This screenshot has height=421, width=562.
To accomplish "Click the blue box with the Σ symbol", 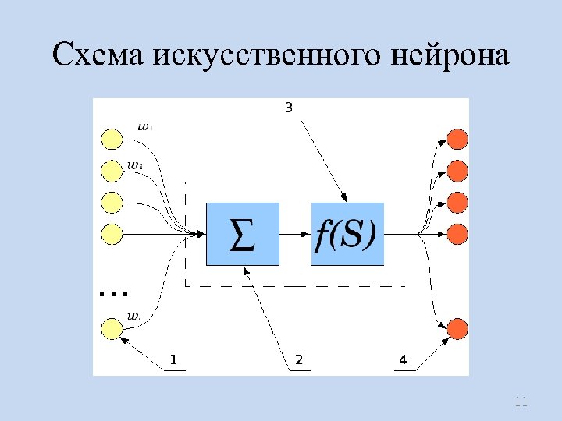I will (243, 234).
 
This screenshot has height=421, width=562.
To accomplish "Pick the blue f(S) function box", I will (347, 234).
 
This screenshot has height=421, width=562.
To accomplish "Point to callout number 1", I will (173, 359).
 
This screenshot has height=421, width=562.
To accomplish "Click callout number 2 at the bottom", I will (298, 359).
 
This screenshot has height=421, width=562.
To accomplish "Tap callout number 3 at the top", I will (288, 108).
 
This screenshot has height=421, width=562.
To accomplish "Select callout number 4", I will (403, 359).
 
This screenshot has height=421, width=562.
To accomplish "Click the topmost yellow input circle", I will (112, 140).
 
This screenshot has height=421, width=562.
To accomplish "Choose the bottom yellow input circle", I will (112, 329).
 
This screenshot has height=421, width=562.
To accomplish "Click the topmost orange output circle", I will (457, 140).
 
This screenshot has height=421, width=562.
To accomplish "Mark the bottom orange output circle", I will (457, 327).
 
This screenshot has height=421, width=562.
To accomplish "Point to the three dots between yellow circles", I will (114, 294).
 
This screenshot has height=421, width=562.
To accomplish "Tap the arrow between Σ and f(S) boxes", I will (295, 234).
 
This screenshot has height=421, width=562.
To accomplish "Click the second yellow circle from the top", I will (112, 170).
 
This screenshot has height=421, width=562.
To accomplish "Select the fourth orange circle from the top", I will (457, 233).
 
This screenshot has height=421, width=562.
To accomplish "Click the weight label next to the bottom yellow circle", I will (133, 317).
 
